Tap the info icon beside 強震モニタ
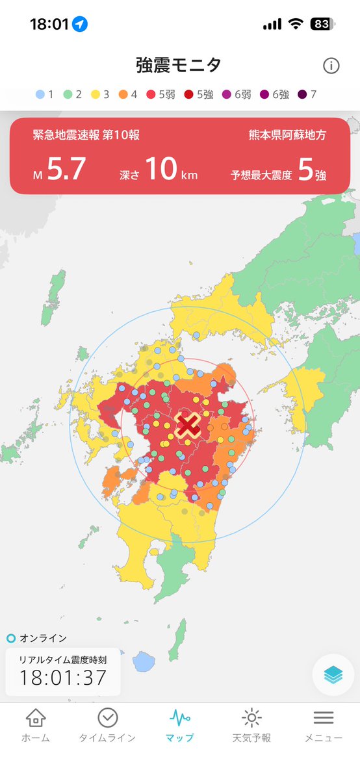pyautogui.click(x=331, y=66)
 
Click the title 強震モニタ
pyautogui.click(x=179, y=65)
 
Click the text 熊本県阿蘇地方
pyautogui.click(x=287, y=135)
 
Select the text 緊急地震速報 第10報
pyautogui.click(x=86, y=135)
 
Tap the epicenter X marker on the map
pyautogui.click(x=188, y=425)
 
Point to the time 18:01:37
pyautogui.click(x=62, y=678)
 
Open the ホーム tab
pyautogui.click(x=35, y=725)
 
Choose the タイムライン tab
pyautogui.click(x=107, y=725)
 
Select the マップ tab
pyautogui.click(x=179, y=725)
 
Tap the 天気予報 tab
pyautogui.click(x=251, y=725)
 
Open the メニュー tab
pyautogui.click(x=323, y=725)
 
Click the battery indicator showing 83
pyautogui.click(x=321, y=25)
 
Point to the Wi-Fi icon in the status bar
pyautogui.click(x=296, y=25)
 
